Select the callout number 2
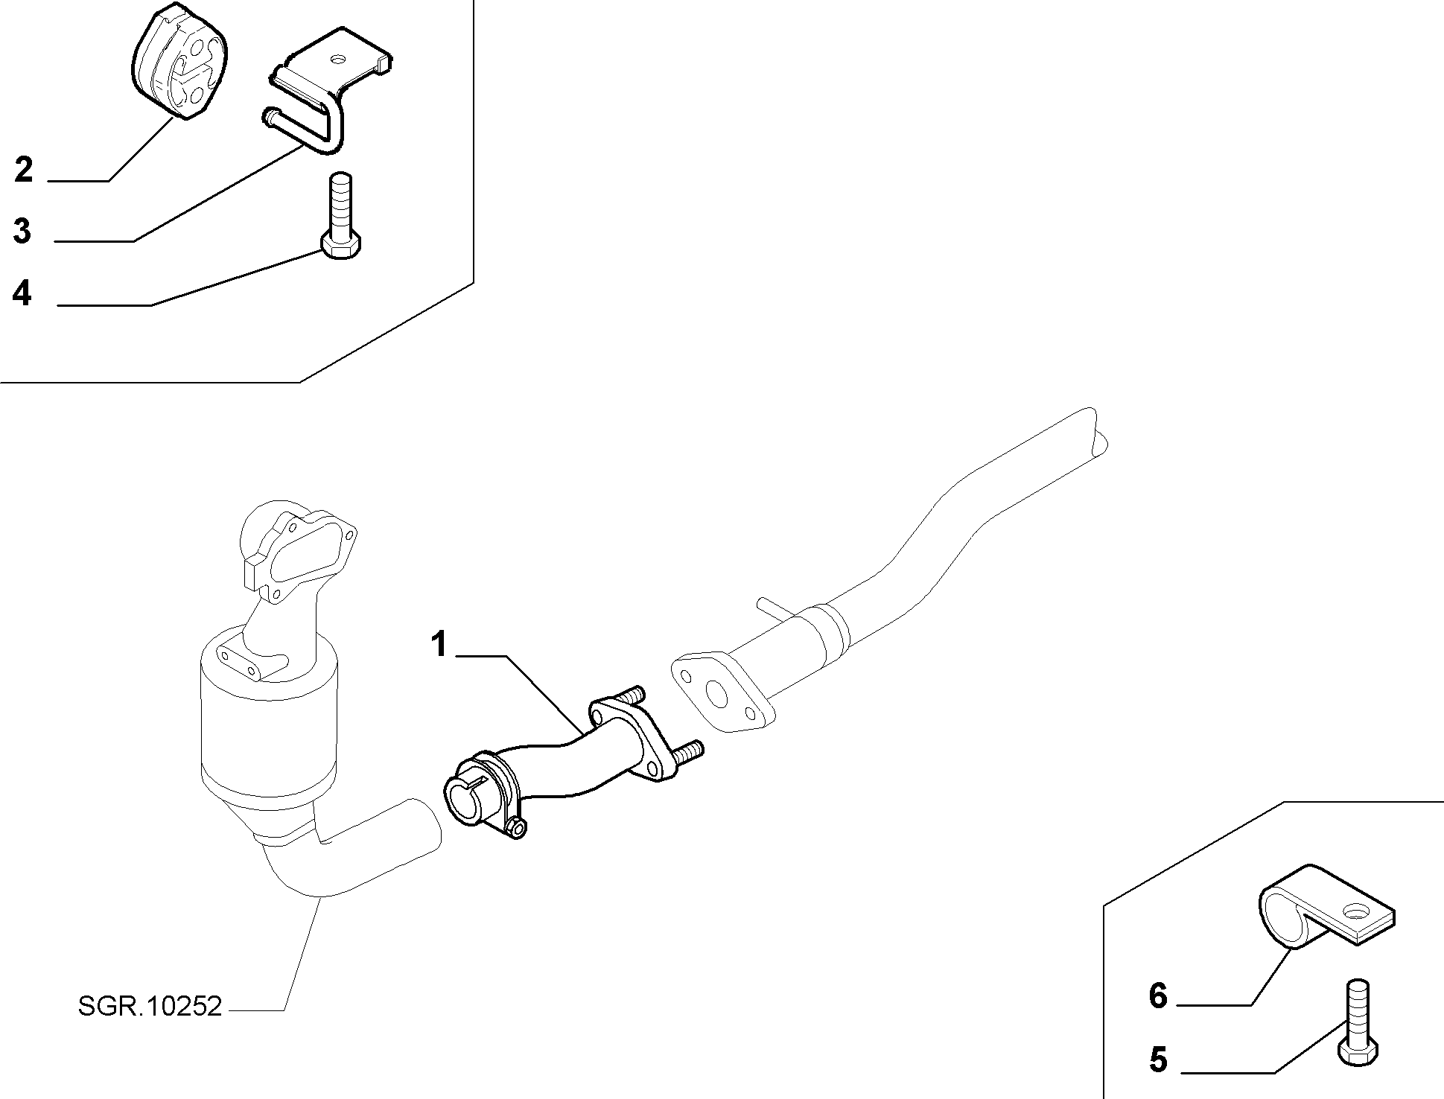tap(24, 170)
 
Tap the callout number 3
tap(23, 231)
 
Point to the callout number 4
tap(23, 293)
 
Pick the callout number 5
tap(1158, 1060)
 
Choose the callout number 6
tap(1158, 996)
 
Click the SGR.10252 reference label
tap(150, 1007)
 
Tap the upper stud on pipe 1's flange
tap(632, 695)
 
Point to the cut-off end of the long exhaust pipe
tap(1098, 433)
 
